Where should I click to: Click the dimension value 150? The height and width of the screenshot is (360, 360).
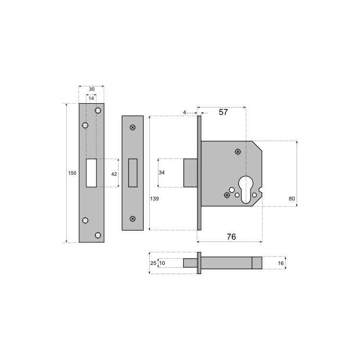click(72, 173)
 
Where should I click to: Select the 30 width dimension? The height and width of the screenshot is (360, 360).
click(91, 89)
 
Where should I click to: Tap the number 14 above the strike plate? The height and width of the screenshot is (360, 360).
click(91, 98)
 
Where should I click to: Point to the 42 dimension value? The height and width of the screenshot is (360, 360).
click(114, 174)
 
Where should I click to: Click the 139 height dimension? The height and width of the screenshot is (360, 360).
click(154, 198)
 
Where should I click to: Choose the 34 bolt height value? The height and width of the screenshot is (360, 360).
click(162, 173)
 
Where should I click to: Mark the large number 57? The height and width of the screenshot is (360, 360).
click(223, 112)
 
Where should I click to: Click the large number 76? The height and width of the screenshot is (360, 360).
click(231, 237)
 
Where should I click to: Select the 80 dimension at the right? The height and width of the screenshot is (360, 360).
click(293, 198)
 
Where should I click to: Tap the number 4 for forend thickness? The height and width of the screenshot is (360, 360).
click(184, 112)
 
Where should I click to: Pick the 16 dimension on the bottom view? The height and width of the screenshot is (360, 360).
click(281, 263)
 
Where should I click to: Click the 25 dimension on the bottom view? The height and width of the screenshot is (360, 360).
click(153, 263)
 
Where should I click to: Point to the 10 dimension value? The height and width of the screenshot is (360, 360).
click(162, 263)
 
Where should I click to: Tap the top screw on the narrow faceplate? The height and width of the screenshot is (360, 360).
click(132, 127)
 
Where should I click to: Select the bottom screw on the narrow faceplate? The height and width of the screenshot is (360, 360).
click(132, 218)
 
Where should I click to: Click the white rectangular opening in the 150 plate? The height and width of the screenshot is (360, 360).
click(91, 173)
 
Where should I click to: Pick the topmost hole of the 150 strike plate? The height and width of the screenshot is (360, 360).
click(98, 111)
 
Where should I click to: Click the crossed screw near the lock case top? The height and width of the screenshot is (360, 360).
click(238, 152)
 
